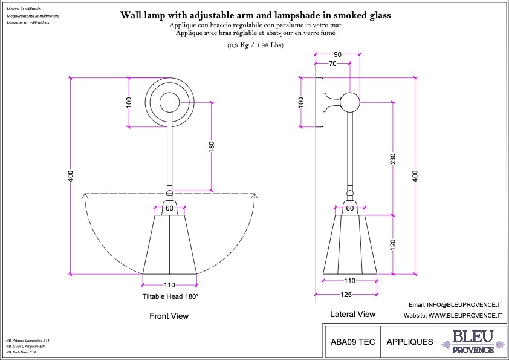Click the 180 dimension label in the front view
pyautogui.click(x=212, y=146)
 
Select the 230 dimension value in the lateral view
pyautogui.click(x=393, y=159)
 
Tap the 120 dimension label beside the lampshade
pyautogui.click(x=393, y=244)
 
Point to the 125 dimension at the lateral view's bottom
pyautogui.click(x=346, y=295)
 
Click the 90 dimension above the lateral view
pyautogui.click(x=337, y=54)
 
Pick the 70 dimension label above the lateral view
pyautogui.click(x=332, y=64)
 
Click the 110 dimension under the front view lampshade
pyautogui.click(x=169, y=285)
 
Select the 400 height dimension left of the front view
pyautogui.click(x=71, y=176)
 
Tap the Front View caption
pyautogui.click(x=169, y=316)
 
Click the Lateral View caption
pyautogui.click(x=352, y=314)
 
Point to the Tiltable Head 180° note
pyautogui.click(x=170, y=296)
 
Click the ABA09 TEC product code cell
pyautogui.click(x=352, y=342)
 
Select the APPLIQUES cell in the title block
pyautogui.click(x=410, y=342)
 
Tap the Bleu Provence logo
pyautogui.click(x=473, y=341)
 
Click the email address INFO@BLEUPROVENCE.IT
pyautogui.click(x=464, y=305)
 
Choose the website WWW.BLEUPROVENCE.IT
pyautogui.click(x=465, y=315)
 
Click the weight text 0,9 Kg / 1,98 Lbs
pyautogui.click(x=255, y=45)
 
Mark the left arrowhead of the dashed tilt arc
pyautogui.click(x=85, y=195)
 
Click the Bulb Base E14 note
pyautogui.click(x=21, y=352)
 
